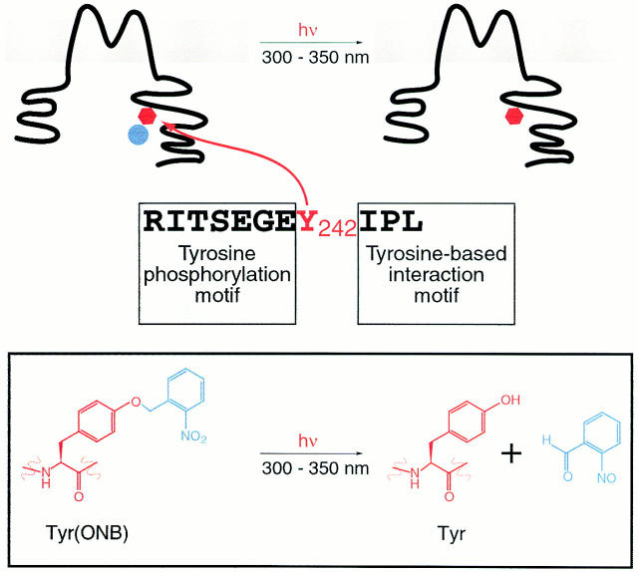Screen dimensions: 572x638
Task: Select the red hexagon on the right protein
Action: click(x=513, y=118)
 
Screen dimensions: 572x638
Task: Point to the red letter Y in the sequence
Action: click(x=310, y=219)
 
